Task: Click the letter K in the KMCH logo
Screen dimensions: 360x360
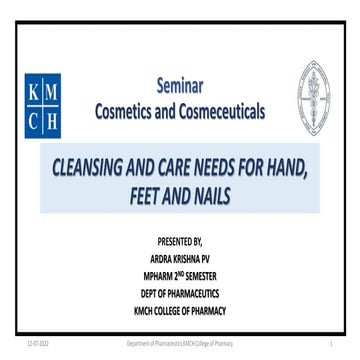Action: coord(36,91)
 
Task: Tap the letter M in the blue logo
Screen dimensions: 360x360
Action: coord(58,91)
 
